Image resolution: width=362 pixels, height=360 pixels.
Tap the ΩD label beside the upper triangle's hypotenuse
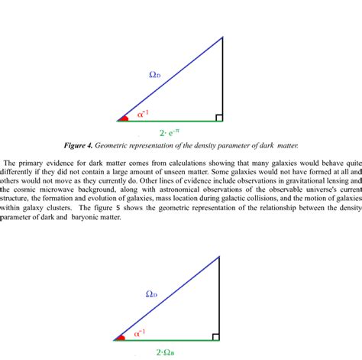tap(155, 74)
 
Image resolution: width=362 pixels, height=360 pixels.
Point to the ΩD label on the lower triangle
tap(151, 294)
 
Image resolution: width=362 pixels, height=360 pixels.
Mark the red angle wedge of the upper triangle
tap(122, 118)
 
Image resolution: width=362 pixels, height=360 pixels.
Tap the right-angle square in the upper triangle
tap(218, 117)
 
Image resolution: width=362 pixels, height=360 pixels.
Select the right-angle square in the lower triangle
tap(215, 336)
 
